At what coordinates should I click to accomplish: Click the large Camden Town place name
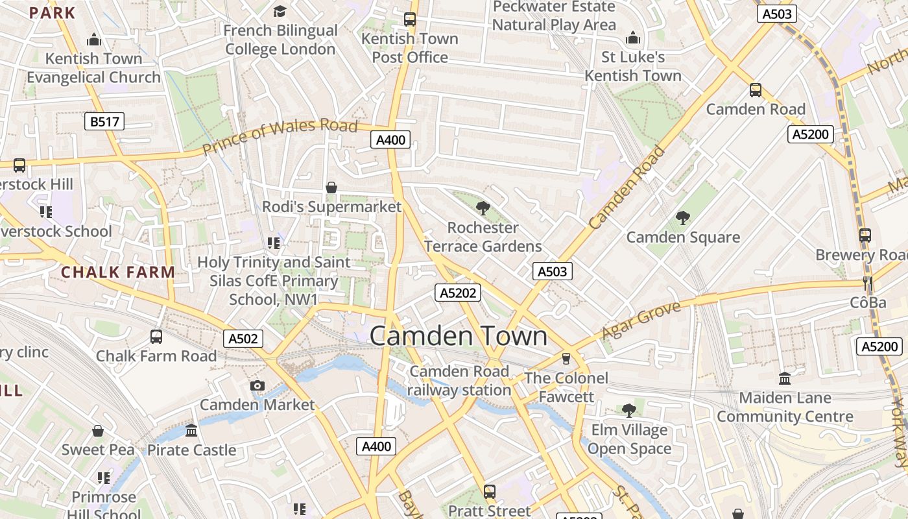point(458,336)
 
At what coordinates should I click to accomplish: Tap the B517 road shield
point(104,121)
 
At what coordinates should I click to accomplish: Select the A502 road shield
point(243,338)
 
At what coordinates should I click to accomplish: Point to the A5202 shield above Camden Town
point(458,293)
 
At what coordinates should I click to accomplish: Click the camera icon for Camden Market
point(257,386)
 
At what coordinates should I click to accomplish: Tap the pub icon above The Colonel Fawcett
point(566,359)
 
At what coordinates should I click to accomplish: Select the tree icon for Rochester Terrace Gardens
point(483,208)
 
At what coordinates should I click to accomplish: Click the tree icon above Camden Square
point(682,217)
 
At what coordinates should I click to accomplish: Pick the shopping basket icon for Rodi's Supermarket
point(331,187)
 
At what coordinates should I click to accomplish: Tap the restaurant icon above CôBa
point(868,284)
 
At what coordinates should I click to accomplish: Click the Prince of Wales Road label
point(280,137)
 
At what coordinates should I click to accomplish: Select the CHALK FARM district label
point(118,272)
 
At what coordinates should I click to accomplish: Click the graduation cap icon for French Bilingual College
point(280,11)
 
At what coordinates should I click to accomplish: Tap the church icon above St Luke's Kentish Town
point(632,38)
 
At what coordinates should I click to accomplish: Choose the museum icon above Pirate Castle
point(191,431)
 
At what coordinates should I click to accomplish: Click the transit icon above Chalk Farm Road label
point(156,336)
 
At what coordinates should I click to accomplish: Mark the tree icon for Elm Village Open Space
point(628,410)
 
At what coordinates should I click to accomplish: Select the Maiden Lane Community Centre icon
point(785,378)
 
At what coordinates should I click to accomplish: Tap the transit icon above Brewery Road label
point(865,235)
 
